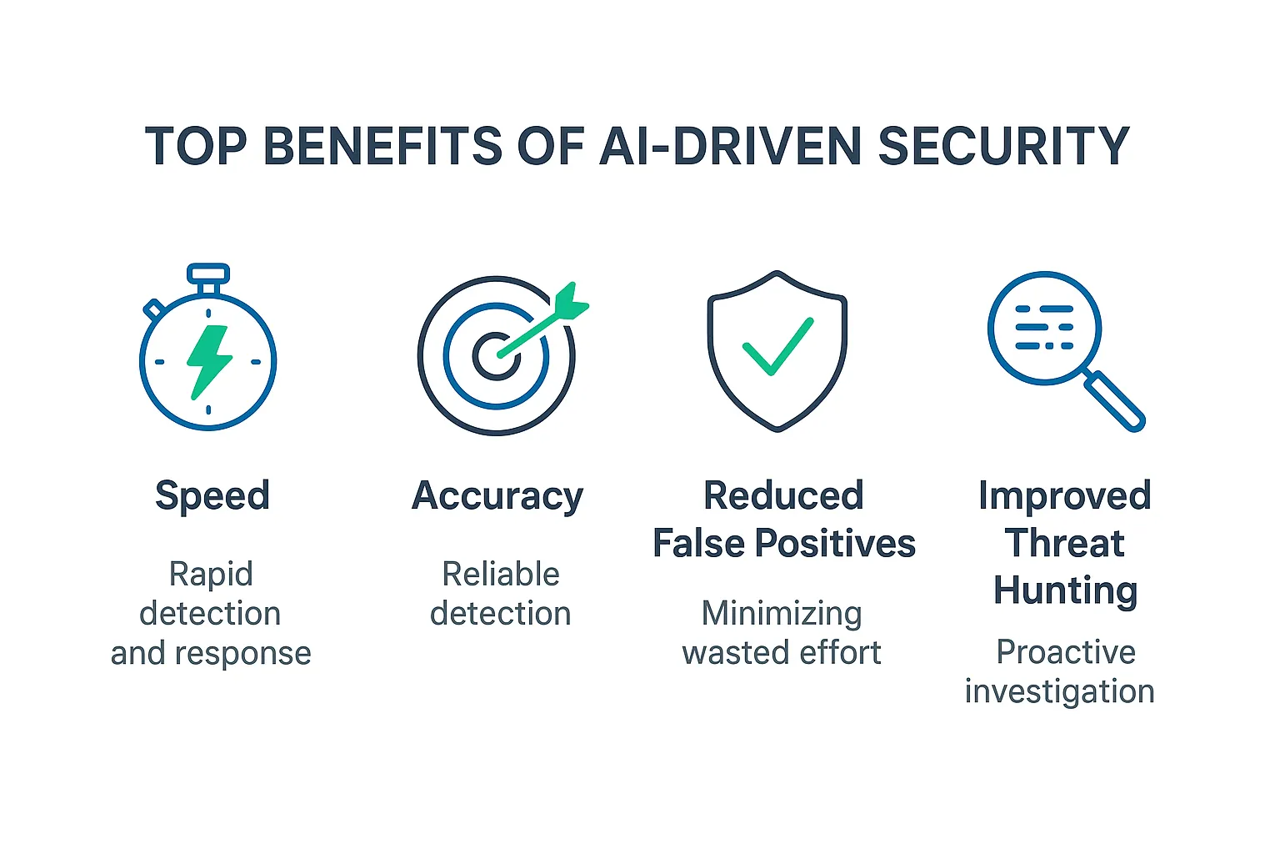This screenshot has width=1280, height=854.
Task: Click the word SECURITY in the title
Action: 1003,146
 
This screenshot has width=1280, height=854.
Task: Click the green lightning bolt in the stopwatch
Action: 208,360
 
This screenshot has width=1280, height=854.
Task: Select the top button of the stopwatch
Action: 208,273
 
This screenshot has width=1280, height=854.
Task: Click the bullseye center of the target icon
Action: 496,356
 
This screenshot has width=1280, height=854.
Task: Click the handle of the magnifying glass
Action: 1116,401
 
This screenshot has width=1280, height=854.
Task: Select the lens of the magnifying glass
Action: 1044,328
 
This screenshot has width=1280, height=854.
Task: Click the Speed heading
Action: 212,495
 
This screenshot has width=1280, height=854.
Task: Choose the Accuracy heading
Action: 497,495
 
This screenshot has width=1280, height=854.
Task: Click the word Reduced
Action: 783,495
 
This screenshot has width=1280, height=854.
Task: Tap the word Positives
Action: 835,544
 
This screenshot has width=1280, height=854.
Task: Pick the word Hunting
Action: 1065,590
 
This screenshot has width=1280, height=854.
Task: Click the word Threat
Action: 1065,544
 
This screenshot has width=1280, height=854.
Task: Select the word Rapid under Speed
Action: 211,574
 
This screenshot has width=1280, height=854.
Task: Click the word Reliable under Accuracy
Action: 501,574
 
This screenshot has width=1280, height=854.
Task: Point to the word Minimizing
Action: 782,614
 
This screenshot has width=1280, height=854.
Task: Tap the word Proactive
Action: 1066,652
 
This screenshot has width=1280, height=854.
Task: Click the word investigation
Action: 1059,691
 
